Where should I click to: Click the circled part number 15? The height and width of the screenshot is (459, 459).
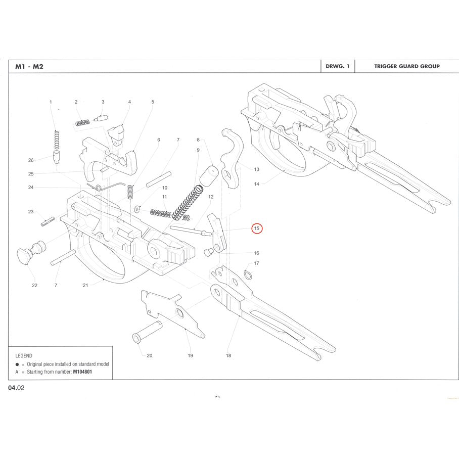(x=257, y=228)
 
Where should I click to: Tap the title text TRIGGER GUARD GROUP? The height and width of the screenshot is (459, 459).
(x=406, y=66)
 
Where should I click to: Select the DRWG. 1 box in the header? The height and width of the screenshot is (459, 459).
(x=338, y=66)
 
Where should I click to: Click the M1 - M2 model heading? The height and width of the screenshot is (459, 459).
(x=29, y=66)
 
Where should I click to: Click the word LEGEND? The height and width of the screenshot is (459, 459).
(x=24, y=355)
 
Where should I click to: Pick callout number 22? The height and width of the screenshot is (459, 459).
(x=34, y=285)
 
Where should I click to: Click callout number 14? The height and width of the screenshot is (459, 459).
(x=256, y=184)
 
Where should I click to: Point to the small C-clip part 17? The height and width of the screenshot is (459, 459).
(x=248, y=273)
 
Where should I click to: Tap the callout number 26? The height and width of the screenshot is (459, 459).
(x=31, y=160)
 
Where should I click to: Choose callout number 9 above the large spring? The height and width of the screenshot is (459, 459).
(x=198, y=150)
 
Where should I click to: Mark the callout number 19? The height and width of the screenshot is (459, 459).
(x=190, y=355)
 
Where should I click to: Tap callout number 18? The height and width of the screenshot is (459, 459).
(x=228, y=355)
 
